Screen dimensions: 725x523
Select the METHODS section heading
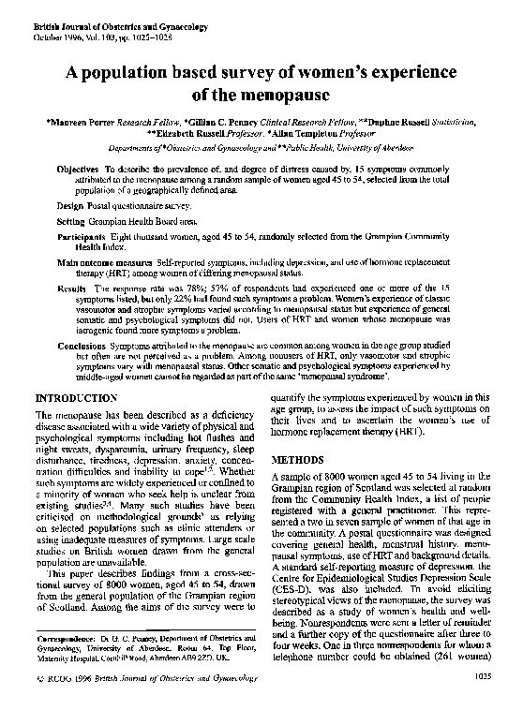click(298, 462)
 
